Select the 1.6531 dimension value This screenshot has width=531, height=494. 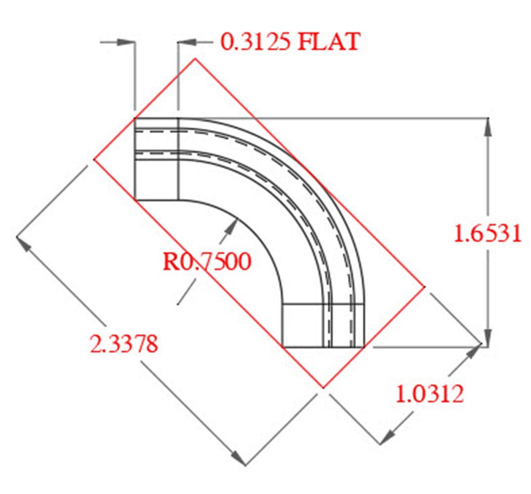[487, 234]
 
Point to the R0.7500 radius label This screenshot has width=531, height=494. [207, 262]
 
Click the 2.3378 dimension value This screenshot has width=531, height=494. [124, 344]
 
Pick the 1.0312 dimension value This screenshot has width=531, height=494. [430, 394]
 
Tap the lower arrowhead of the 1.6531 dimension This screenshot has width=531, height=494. [488, 339]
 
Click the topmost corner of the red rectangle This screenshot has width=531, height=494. [195, 58]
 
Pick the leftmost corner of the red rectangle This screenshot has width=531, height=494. [94, 159]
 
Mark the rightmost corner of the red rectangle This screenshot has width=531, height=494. [425, 286]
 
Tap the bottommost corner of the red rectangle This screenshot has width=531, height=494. [323, 388]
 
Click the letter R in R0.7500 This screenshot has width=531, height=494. [170, 262]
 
